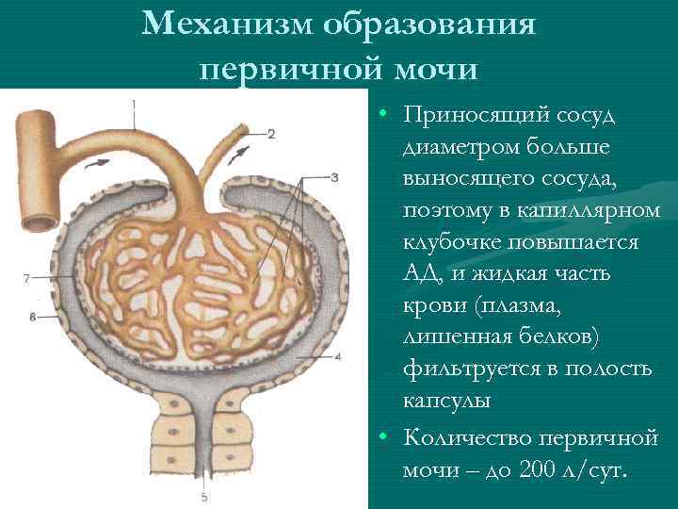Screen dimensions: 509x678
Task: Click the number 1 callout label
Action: click(x=134, y=103)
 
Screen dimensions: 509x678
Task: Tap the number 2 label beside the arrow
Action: click(x=271, y=133)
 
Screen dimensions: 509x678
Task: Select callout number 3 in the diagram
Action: click(x=335, y=177)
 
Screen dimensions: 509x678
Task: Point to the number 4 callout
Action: click(x=337, y=357)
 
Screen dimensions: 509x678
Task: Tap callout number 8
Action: click(x=32, y=318)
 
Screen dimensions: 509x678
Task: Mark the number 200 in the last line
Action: click(x=539, y=469)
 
